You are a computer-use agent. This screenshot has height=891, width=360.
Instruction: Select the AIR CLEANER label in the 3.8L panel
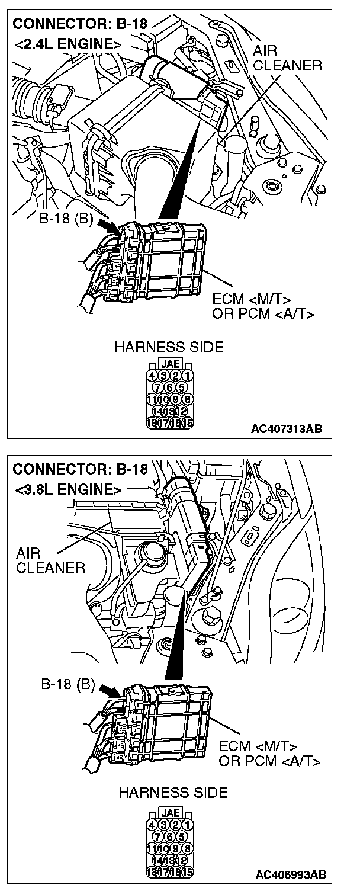(x=50, y=560)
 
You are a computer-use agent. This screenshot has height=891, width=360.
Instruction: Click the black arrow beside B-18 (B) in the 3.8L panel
(x=111, y=690)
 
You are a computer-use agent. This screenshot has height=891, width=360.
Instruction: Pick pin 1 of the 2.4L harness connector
(x=188, y=375)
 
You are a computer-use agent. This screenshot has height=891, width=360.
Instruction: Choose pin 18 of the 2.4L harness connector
(x=152, y=422)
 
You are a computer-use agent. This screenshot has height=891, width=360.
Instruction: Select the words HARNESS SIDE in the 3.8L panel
(x=172, y=792)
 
